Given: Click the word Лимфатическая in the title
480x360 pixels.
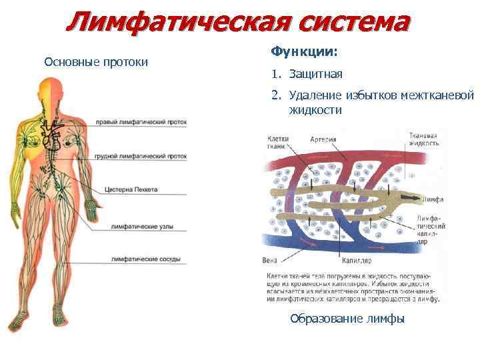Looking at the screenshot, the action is pos(175,23).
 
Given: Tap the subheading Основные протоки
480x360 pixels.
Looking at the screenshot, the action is pos(95,62).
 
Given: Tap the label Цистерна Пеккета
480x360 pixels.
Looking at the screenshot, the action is pos(131,190).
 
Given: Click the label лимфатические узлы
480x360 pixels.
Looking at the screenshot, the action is pos(142,227).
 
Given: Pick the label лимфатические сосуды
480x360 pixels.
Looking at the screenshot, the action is pos(143,259).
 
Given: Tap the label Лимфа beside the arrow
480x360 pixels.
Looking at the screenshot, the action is pos(433,199).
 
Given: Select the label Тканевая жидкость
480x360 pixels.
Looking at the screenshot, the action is pos(423,139).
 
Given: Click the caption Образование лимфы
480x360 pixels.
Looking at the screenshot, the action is pos(347,319).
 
